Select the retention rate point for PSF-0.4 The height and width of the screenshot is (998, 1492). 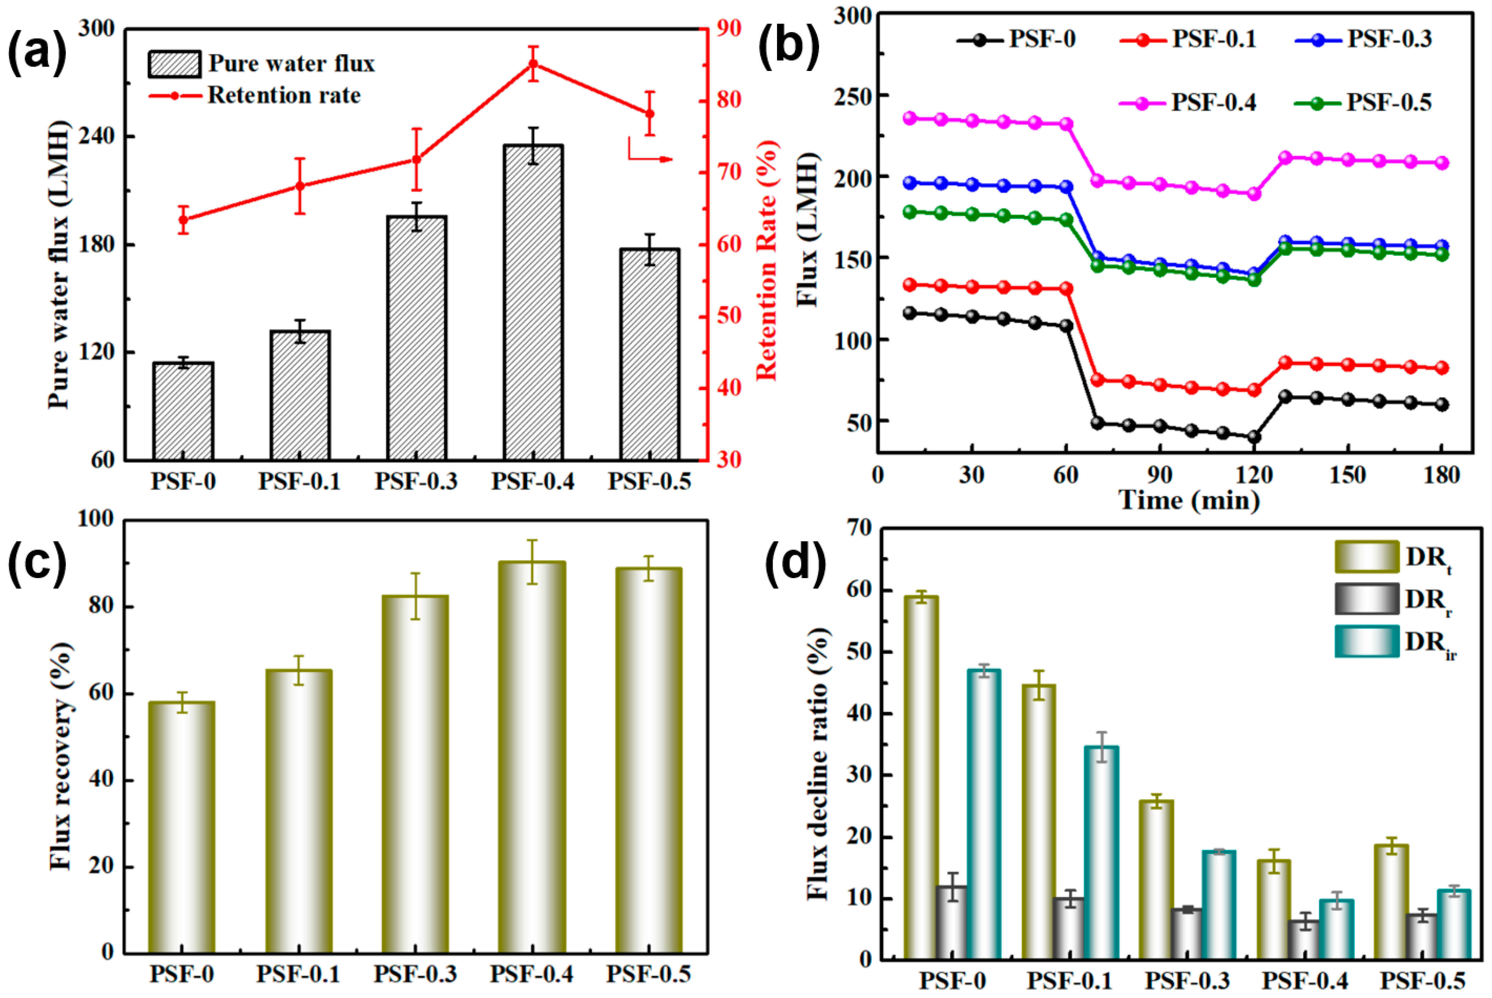533,64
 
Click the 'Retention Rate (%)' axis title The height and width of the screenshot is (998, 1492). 767,260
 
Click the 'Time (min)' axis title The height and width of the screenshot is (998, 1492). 1189,500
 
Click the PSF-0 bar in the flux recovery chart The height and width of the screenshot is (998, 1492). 181,827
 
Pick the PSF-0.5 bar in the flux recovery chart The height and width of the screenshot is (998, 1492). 648,761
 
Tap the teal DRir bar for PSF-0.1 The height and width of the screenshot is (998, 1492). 1102,853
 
